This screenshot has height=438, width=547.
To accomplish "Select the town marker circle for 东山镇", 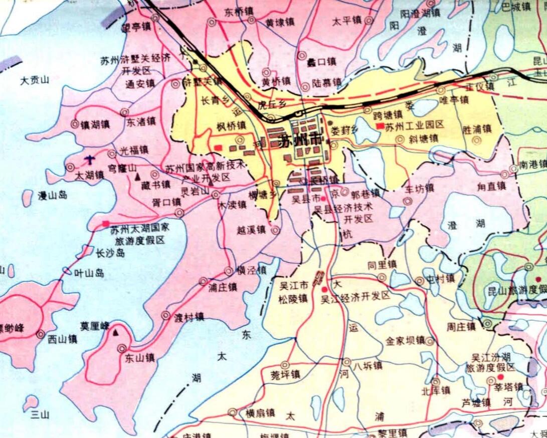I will coord(121,348).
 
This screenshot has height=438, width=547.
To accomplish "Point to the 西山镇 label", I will coord(63,339).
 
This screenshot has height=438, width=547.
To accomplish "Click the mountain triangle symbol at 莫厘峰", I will coord(116,333).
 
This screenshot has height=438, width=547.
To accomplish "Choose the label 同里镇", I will coord(382,264).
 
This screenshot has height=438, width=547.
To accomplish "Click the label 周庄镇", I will coord(461,327).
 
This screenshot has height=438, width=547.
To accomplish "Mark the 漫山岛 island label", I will coord(53,195).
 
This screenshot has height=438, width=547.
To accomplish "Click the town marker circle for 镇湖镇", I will coord(75,124).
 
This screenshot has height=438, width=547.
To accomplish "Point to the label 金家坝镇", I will coord(405,341).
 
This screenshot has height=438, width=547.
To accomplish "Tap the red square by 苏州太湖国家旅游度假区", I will coord(106,223).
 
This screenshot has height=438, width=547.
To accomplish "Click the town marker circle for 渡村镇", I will coord(165,315).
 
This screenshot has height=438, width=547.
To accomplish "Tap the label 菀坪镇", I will coord(285,374).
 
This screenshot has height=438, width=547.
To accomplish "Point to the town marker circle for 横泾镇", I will coord(229,271).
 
